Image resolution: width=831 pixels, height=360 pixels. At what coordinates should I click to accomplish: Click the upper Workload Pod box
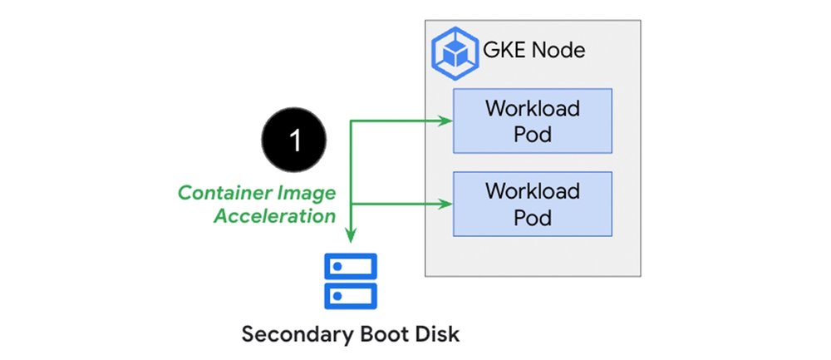533,121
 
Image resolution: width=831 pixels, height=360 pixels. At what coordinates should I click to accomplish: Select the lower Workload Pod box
533,205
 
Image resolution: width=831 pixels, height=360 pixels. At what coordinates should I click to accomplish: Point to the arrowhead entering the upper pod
447,121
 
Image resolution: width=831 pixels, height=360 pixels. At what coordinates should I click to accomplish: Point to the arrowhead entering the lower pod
447,204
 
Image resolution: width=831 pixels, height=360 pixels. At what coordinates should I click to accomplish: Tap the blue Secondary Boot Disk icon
352,280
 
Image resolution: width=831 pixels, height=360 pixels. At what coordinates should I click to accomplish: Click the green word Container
222,194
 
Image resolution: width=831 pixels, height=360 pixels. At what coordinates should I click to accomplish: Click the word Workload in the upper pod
533,109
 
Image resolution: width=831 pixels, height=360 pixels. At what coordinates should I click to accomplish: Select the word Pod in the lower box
533,218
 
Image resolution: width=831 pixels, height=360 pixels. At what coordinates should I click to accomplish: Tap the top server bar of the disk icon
352,266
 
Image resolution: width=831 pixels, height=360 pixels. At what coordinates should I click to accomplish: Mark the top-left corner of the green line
352,121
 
